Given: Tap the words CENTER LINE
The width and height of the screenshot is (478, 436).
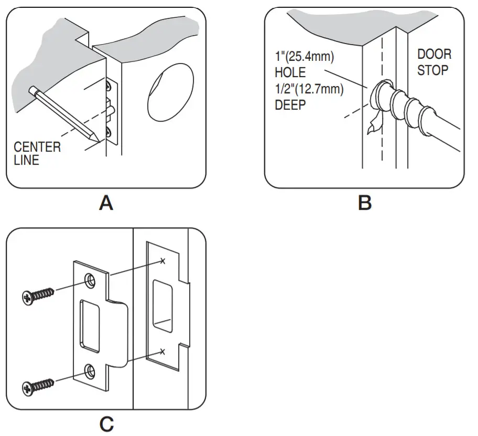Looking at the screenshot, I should (x=37, y=153).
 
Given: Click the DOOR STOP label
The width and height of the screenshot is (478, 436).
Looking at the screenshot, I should (x=434, y=62).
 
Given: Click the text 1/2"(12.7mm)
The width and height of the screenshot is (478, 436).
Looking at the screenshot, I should (x=309, y=90).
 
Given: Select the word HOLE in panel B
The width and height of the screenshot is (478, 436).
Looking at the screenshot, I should (x=289, y=72).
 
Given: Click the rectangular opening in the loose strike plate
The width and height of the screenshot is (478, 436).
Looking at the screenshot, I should (x=89, y=325).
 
